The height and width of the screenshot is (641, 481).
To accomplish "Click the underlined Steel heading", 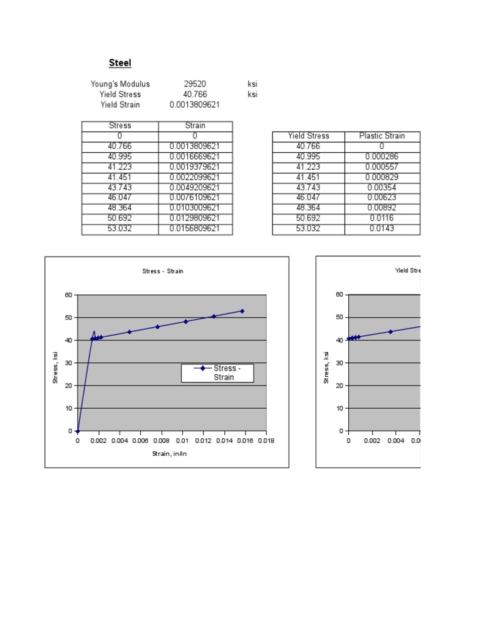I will pyautogui.click(x=120, y=63).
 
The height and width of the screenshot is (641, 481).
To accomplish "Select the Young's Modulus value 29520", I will pyautogui.click(x=195, y=84).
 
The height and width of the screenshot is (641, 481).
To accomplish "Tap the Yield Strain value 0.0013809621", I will pyautogui.click(x=195, y=105).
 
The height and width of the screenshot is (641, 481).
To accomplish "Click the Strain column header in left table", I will pyautogui.click(x=195, y=126).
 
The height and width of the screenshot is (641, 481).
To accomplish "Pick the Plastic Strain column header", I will pyautogui.click(x=382, y=136).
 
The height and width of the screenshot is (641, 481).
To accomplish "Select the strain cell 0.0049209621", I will pyautogui.click(x=195, y=187).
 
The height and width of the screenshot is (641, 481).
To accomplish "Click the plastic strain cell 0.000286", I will pyautogui.click(x=382, y=156).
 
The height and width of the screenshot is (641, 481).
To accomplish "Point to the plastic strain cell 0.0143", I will pyautogui.click(x=382, y=228).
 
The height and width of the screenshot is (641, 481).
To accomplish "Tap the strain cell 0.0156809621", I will pyautogui.click(x=195, y=228).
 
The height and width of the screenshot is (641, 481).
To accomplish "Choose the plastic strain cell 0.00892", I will pyautogui.click(x=382, y=208).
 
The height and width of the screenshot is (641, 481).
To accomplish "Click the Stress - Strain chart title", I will pyautogui.click(x=163, y=271).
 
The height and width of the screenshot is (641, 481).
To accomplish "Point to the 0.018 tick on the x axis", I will pyautogui.click(x=266, y=441).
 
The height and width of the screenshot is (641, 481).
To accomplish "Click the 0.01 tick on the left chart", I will pyautogui.click(x=182, y=441).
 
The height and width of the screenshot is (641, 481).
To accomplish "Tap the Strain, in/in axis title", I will pyautogui.click(x=170, y=453).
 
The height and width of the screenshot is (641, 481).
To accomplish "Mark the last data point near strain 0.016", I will pyautogui.click(x=242, y=311).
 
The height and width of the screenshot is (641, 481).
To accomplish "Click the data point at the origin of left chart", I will pyautogui.click(x=78, y=431).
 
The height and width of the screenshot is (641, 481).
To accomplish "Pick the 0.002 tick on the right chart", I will pyautogui.click(x=372, y=441).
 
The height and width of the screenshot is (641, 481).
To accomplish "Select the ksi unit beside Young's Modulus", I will pyautogui.click(x=252, y=84).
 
